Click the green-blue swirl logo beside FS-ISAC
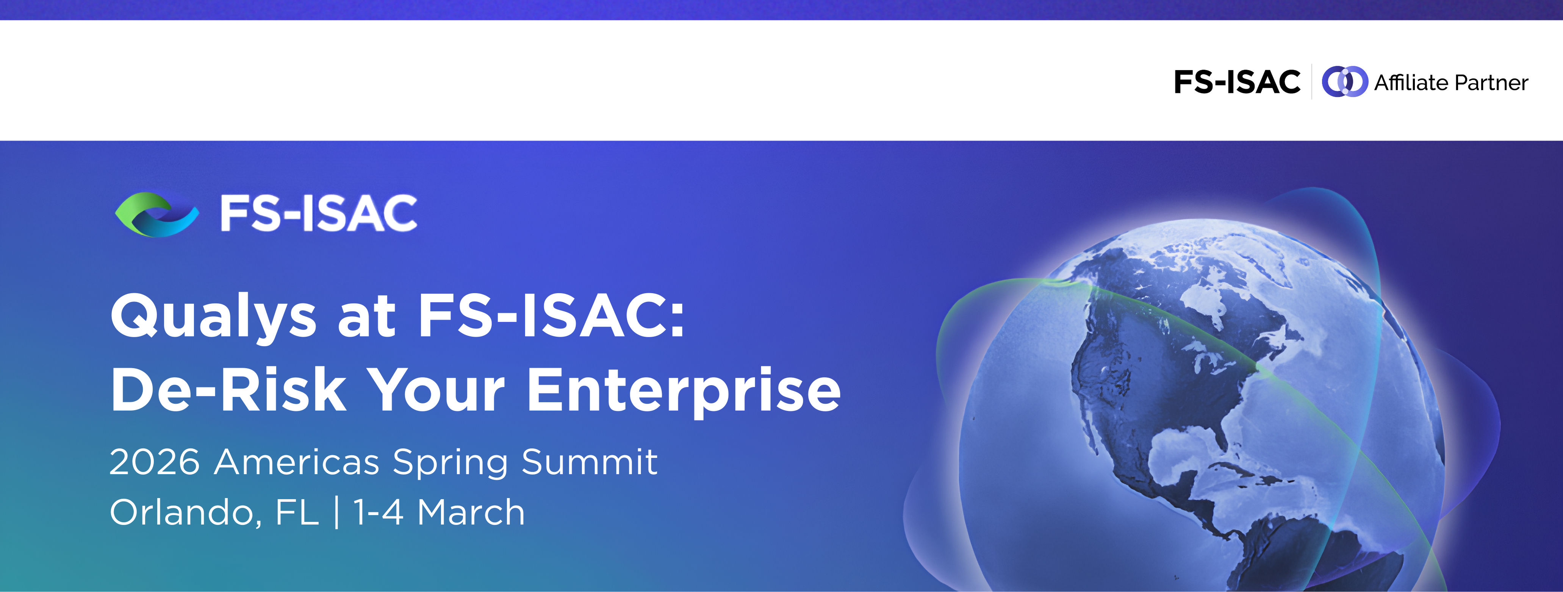tap(156, 214)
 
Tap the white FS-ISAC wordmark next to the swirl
tap(319, 214)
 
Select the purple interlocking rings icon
tap(1345, 82)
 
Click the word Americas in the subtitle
tap(297, 462)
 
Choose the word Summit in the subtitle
tap(589, 462)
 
